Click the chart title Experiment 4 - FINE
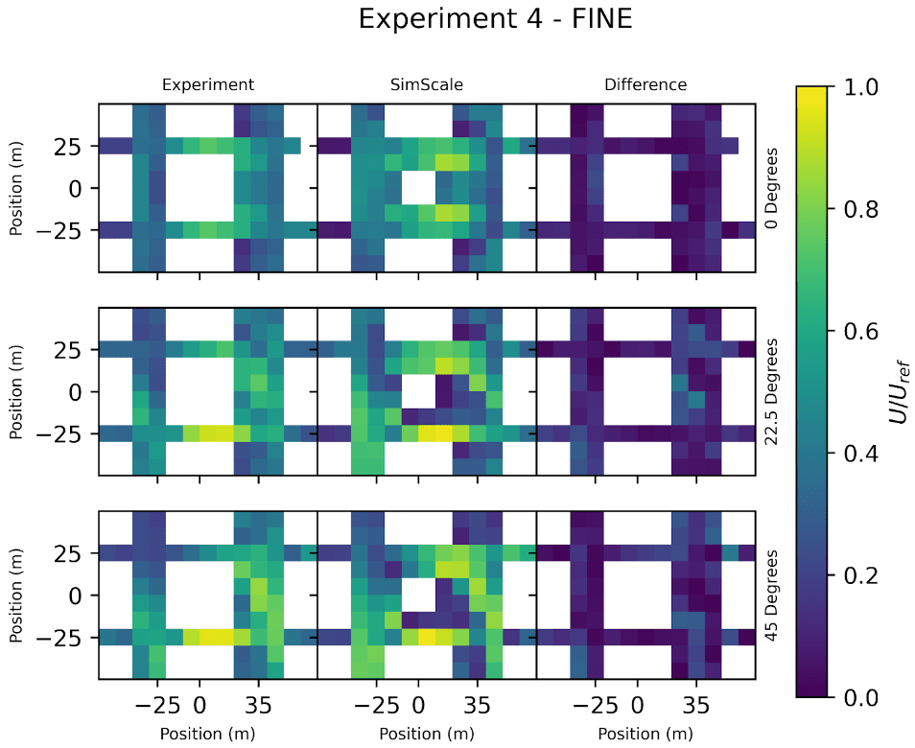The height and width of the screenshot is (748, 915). click(x=495, y=19)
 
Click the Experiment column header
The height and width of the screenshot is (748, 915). click(x=208, y=84)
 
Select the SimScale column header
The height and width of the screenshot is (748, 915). click(x=427, y=84)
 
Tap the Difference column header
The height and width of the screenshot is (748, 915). click(x=645, y=84)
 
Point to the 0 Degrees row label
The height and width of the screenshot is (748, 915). click(x=772, y=188)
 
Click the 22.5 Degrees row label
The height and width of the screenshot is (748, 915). click(x=772, y=391)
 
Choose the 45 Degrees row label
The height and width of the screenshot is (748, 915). click(x=772, y=596)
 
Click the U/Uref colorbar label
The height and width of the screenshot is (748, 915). click(x=898, y=391)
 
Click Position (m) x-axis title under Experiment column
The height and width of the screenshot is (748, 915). click(x=208, y=735)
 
